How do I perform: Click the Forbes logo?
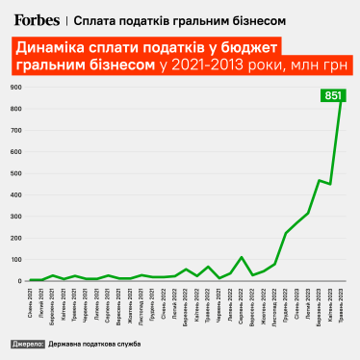pyautogui.click(x=35, y=17)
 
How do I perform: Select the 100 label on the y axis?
pyautogui.click(x=15, y=260)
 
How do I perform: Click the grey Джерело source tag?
pyautogui.click(x=30, y=343)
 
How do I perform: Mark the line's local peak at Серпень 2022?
pyautogui.click(x=242, y=257)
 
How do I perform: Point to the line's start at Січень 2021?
pyautogui.click(x=31, y=280)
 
